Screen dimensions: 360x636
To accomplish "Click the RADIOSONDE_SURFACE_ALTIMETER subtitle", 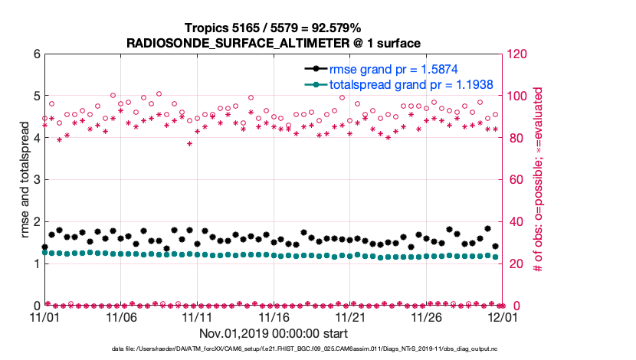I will (274, 42).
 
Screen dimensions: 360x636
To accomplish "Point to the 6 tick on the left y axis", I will (34, 54).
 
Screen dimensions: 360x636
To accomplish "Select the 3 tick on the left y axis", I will (34, 180).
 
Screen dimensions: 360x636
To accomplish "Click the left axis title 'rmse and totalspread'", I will (25, 180).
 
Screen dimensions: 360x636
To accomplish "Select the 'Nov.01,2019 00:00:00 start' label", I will (274, 333).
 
